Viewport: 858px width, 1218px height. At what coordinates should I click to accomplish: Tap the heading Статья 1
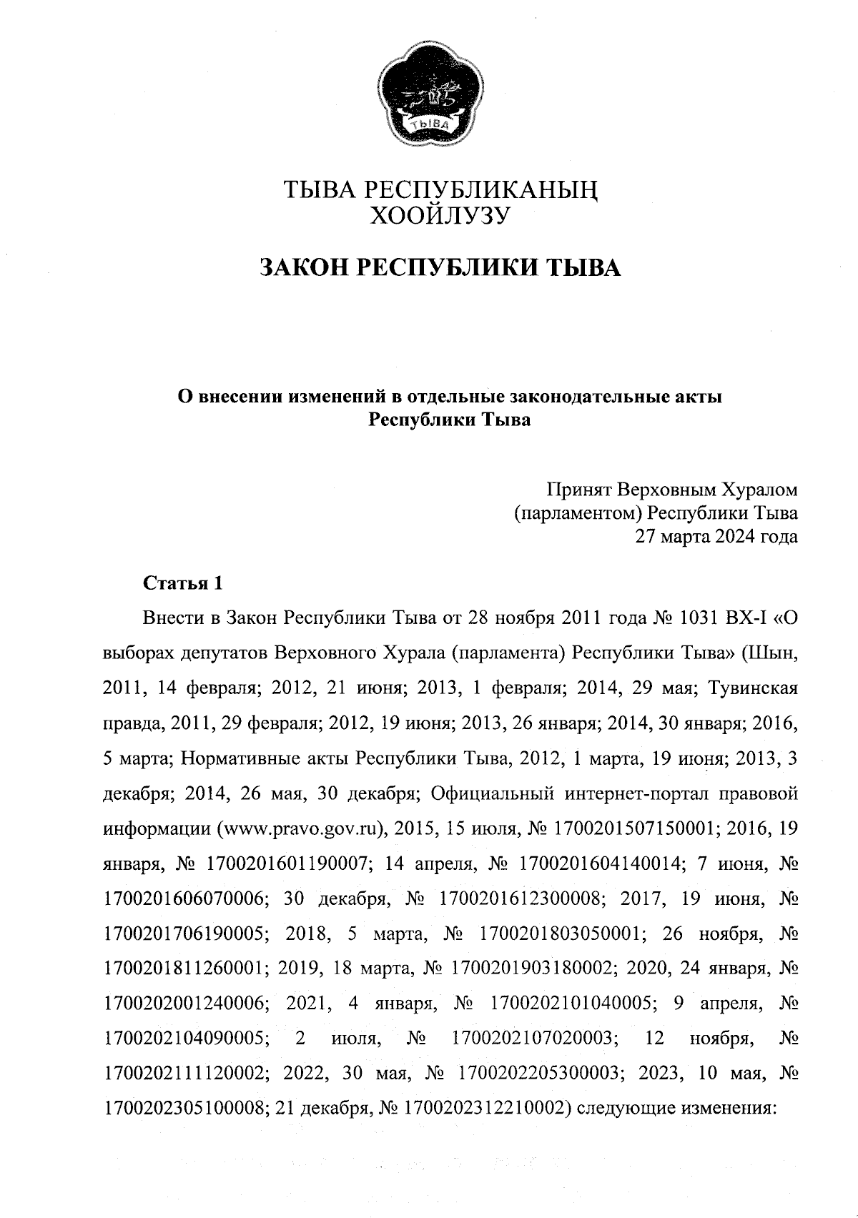[x=183, y=584]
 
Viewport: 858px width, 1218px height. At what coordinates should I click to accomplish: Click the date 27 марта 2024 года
[x=716, y=536]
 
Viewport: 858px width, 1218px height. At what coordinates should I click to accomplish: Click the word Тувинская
[x=753, y=688]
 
